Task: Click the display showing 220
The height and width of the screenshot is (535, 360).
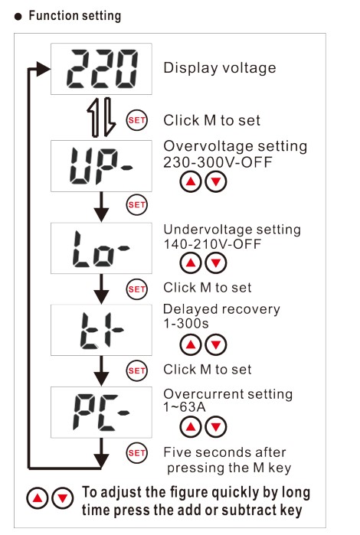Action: tap(101, 69)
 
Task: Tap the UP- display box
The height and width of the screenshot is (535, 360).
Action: tap(101, 166)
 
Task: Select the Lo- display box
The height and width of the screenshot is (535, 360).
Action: tap(101, 248)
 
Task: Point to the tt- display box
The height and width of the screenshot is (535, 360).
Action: tap(101, 330)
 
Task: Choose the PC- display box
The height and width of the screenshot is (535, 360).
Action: tap(101, 413)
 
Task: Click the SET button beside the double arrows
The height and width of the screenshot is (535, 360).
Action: tap(137, 120)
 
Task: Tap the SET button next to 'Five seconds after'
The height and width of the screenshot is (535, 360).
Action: tap(137, 453)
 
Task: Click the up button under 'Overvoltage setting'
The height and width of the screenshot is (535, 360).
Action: tap(191, 181)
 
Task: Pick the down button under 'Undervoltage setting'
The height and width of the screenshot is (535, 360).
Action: tap(216, 263)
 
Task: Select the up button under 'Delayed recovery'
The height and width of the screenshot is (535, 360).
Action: tap(191, 344)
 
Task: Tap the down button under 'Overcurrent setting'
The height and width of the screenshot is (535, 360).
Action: tap(216, 427)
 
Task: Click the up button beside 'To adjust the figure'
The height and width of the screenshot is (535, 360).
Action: tap(38, 498)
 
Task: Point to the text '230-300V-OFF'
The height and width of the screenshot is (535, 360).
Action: tap(218, 162)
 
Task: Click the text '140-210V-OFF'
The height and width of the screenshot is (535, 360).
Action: tap(212, 244)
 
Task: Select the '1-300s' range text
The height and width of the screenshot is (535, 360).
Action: tap(186, 323)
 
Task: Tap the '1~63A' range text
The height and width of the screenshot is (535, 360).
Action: tap(185, 406)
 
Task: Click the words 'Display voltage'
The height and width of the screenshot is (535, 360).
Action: tap(220, 68)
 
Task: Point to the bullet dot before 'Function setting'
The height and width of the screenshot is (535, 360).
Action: tap(18, 16)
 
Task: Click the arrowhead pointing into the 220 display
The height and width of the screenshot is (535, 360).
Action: tap(44, 69)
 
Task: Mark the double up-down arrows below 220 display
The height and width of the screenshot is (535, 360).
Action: tap(101, 117)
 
